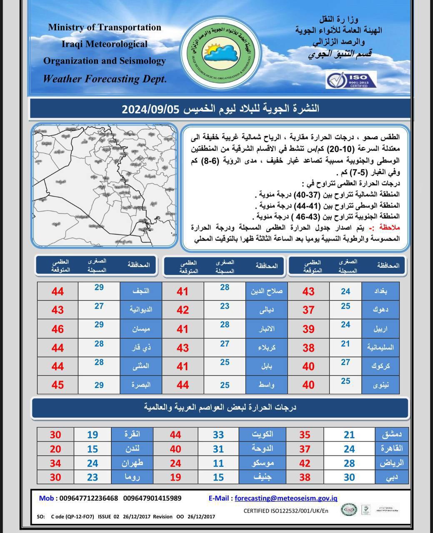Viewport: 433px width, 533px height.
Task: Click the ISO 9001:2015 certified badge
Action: pyautogui.click(x=351, y=80)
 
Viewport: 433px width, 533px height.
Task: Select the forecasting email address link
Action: pyautogui.click(x=286, y=498)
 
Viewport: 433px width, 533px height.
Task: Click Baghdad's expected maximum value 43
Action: pyautogui.click(x=308, y=291)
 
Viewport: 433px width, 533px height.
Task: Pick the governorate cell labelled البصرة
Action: pyautogui.click(x=140, y=385)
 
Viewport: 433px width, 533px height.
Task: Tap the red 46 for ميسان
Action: pyautogui.click(x=58, y=329)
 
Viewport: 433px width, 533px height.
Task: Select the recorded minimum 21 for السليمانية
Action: pyautogui.click(x=345, y=344)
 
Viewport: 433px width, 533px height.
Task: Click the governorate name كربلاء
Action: pyautogui.click(x=266, y=348)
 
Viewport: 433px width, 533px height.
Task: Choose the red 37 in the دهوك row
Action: pyautogui.click(x=308, y=310)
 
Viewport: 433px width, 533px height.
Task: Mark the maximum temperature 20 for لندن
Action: pyautogui.click(x=55, y=449)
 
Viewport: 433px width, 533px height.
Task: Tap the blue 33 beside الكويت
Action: pyautogui.click(x=218, y=435)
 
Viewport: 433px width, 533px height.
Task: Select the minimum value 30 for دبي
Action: pyautogui.click(x=349, y=477)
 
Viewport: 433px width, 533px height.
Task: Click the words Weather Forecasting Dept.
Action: pyautogui.click(x=105, y=78)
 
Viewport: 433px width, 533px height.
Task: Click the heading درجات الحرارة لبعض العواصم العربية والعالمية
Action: pyautogui.click(x=220, y=407)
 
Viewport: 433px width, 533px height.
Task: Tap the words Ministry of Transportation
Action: pyautogui.click(x=105, y=27)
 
